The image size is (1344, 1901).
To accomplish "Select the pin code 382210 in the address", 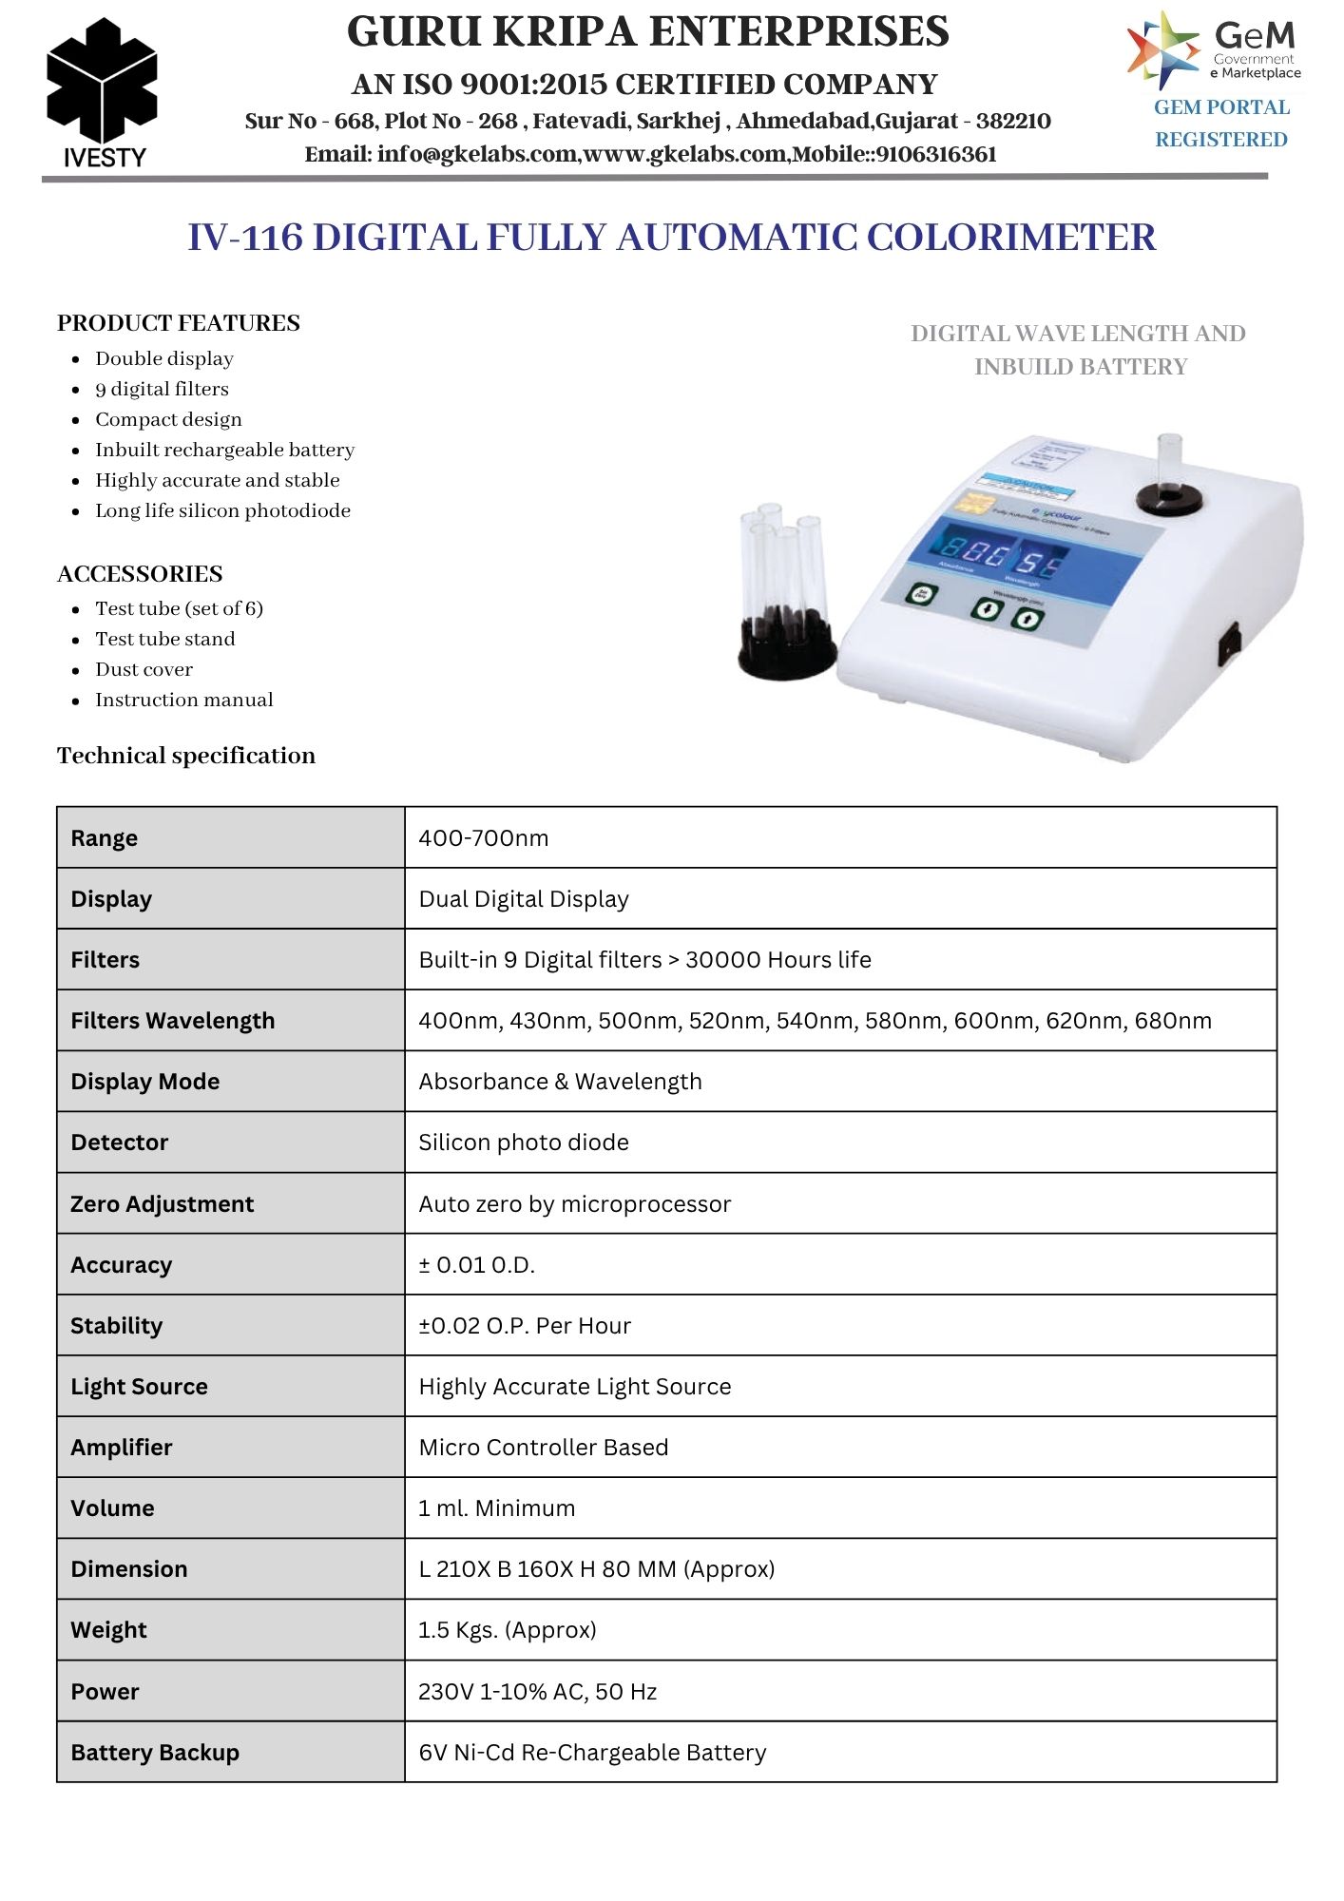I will [1013, 122].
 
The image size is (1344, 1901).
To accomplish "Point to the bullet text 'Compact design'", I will [168, 419].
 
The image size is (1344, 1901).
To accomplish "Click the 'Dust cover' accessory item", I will [144, 669].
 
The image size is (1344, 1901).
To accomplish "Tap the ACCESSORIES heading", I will [140, 574].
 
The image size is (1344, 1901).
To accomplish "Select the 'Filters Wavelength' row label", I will [172, 1021].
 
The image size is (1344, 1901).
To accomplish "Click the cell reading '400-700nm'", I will [484, 838].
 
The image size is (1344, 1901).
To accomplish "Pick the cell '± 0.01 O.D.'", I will [477, 1265].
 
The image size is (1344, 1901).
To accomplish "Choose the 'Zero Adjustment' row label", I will [162, 1204].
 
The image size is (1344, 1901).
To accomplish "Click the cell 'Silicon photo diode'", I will [524, 1143].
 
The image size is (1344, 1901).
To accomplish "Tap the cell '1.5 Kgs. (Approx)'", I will [508, 1630].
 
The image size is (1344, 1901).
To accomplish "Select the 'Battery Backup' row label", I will [155, 1753].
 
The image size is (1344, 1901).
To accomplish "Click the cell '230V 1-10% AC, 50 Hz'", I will [538, 1692].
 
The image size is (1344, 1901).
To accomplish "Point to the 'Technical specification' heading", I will [186, 756].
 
